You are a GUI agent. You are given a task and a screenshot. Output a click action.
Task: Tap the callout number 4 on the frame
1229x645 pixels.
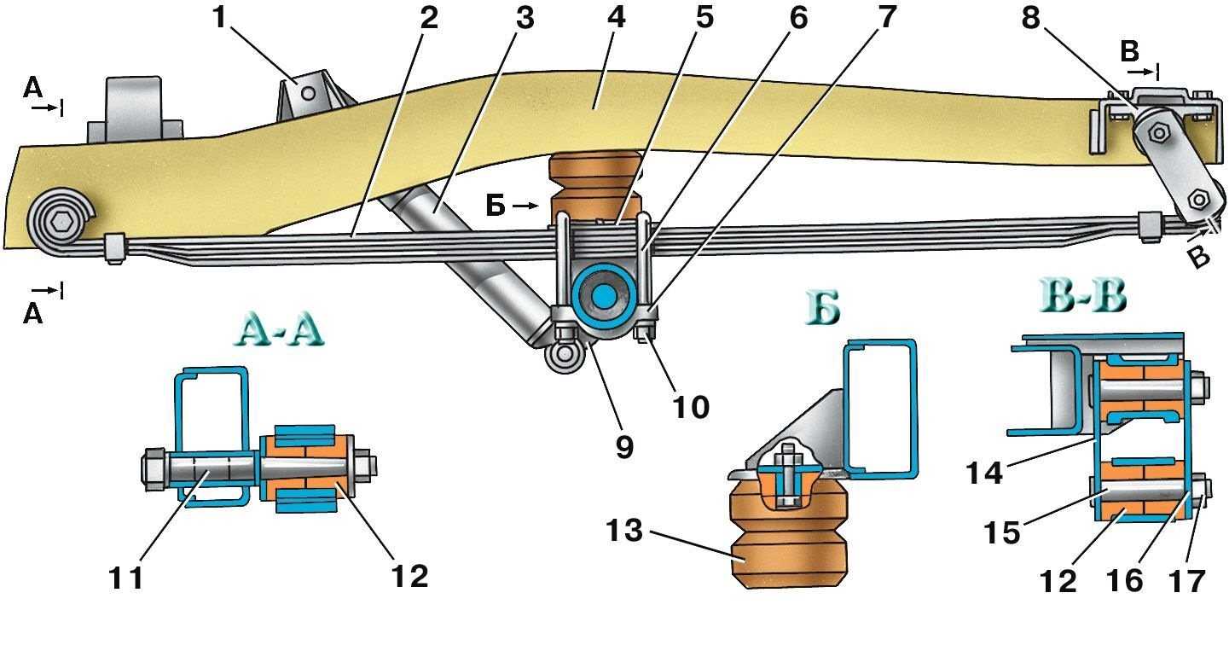615,20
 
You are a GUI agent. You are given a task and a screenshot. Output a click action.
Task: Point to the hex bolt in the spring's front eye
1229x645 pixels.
57,222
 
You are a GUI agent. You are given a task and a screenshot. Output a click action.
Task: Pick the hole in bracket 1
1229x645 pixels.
309,91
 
